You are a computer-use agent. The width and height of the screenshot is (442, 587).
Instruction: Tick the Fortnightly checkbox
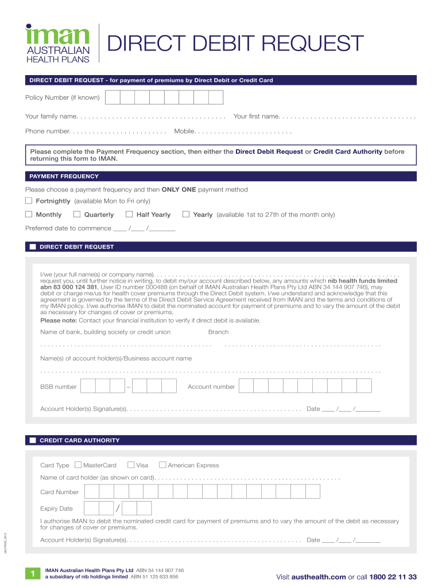click(29, 201)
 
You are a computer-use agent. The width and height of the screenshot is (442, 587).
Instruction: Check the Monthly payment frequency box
click(29, 214)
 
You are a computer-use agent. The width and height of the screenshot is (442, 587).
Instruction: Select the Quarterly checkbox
click(77, 214)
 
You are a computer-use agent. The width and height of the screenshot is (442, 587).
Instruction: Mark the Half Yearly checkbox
click(129, 214)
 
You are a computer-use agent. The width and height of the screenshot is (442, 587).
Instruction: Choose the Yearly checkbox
click(186, 214)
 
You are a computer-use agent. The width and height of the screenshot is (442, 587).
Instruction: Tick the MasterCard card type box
click(79, 465)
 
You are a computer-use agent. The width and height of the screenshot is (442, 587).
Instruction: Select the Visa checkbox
click(131, 465)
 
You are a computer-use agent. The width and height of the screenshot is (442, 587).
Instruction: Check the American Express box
click(162, 465)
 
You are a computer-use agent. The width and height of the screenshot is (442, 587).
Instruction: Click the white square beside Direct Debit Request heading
click(33, 247)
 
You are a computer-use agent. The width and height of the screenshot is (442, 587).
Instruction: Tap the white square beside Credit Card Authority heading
click(33, 440)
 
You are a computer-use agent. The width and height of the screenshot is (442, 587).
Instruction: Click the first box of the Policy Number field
click(113, 97)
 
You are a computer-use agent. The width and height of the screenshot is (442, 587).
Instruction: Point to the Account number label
click(211, 387)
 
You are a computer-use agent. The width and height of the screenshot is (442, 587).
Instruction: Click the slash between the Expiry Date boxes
click(118, 508)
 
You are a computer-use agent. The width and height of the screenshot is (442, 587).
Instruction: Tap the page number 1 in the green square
click(33, 574)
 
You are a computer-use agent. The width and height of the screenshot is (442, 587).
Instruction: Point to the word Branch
click(218, 332)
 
